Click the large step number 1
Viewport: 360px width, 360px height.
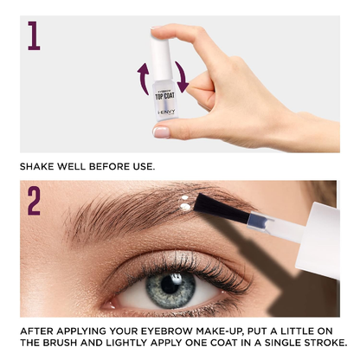34,35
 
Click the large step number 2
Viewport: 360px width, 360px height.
34,201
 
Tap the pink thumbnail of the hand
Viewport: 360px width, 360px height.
161,132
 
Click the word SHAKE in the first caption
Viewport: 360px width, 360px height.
39,166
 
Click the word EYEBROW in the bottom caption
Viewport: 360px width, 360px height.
165,331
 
